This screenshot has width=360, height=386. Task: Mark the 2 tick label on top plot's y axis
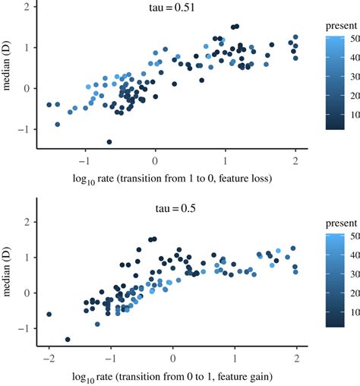(27, 7)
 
